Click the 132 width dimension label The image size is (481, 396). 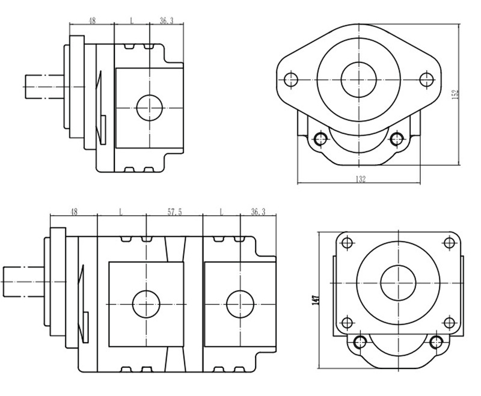[361, 179]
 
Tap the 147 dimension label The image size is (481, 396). [315, 299]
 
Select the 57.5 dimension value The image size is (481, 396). [174, 212]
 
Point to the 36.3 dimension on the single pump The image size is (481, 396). [167, 20]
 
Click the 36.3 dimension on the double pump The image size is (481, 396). [258, 212]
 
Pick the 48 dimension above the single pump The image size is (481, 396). [92, 20]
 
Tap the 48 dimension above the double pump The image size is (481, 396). [74, 212]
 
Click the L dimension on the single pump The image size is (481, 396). [132, 20]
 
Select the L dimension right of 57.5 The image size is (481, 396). [221, 212]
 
